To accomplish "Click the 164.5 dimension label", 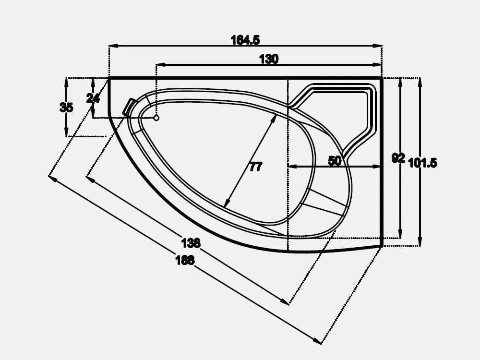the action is click(x=245, y=40).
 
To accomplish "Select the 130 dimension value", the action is click(x=269, y=59).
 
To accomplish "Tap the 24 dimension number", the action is click(x=93, y=98).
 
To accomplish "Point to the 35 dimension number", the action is click(x=66, y=108).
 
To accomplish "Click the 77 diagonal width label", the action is click(x=256, y=167).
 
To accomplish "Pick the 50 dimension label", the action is click(x=334, y=160).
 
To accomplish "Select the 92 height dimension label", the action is click(x=398, y=158).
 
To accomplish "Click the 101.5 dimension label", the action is click(x=423, y=163).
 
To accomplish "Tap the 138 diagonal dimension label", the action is click(x=191, y=243).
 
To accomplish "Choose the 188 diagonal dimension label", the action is click(x=185, y=260).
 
